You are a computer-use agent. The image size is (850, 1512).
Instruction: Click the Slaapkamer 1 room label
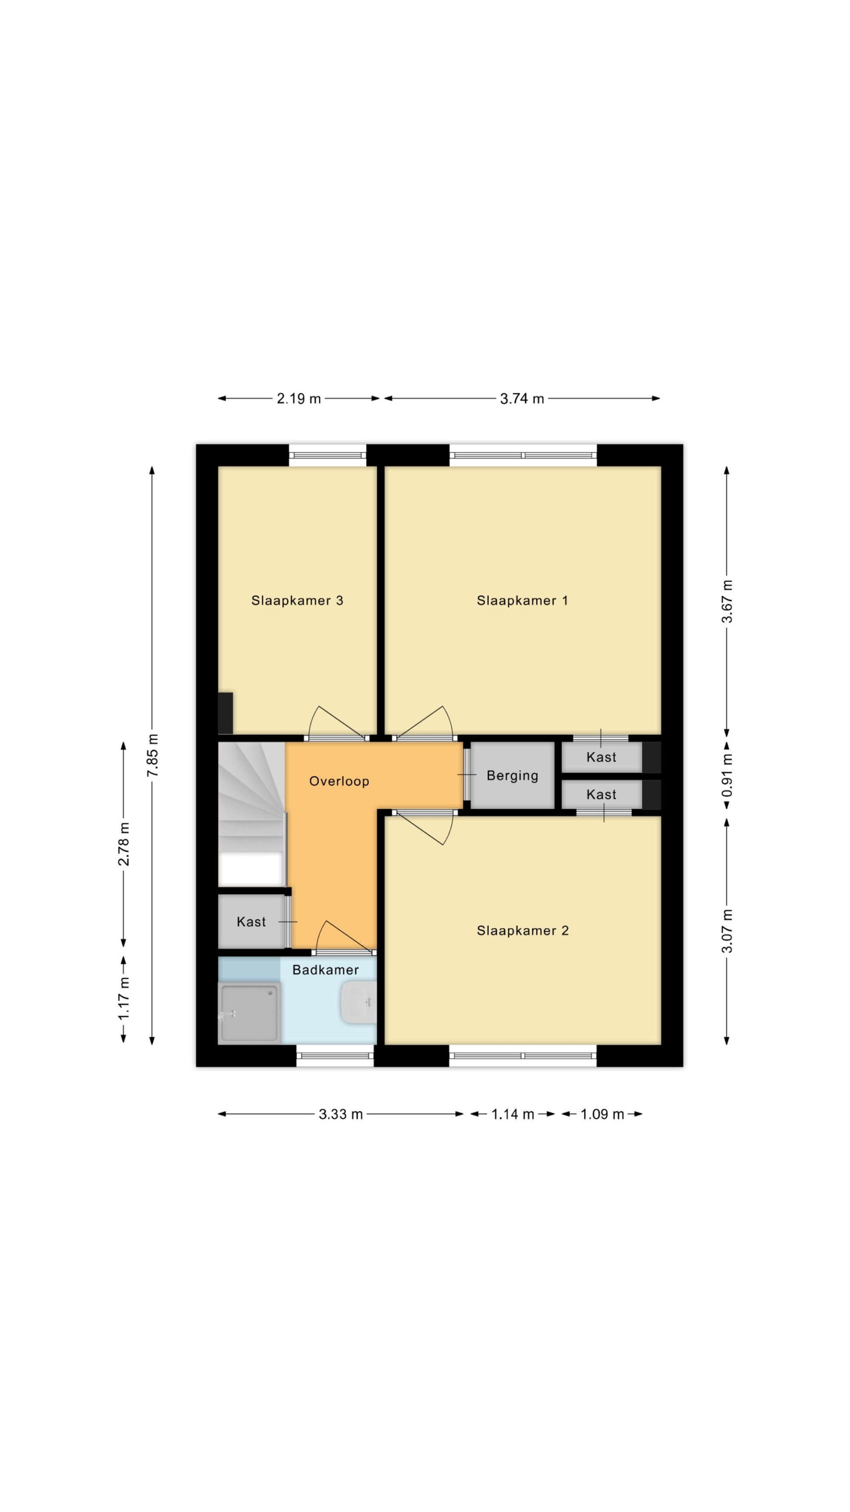521,600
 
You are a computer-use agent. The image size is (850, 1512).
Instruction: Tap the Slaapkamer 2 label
522,930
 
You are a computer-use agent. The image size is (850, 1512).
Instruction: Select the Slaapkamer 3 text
297,600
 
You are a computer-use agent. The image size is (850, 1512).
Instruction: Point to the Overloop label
339,781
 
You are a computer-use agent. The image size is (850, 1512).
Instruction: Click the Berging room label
512,776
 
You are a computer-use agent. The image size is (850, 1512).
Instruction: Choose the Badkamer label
326,969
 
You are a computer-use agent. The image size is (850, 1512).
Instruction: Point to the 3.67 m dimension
727,602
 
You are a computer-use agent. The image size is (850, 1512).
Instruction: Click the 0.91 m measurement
727,776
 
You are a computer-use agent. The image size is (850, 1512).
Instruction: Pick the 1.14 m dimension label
512,1114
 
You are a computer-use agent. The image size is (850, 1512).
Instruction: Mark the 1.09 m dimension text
602,1114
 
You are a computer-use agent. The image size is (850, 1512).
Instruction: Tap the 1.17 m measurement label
124,1000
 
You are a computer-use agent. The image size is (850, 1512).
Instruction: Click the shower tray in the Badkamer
249,1014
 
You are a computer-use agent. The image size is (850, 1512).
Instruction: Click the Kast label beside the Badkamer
251,921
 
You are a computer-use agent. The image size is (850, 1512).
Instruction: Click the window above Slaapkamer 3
327,455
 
